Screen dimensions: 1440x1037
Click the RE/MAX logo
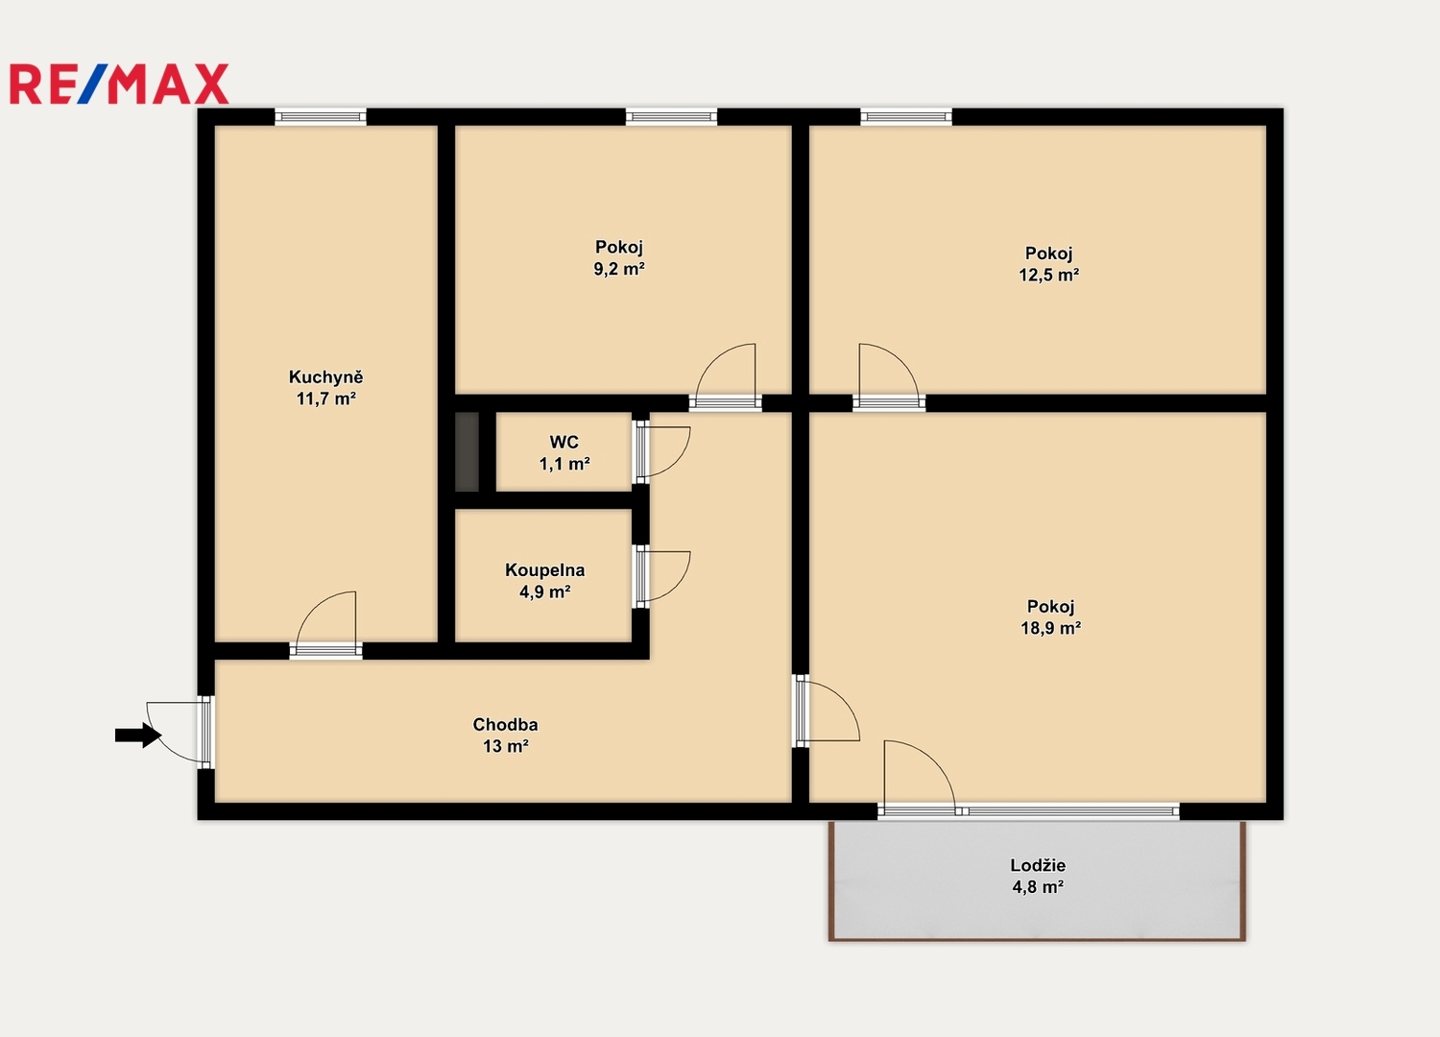(x=119, y=84)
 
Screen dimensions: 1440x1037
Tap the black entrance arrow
(x=138, y=735)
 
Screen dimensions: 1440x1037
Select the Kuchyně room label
(x=326, y=376)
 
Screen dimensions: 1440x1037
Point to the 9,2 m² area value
(x=619, y=269)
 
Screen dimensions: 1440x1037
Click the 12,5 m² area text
(x=1048, y=276)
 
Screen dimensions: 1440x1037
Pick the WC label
(x=564, y=442)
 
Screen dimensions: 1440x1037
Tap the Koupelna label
(x=545, y=569)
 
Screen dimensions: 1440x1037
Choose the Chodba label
(x=505, y=725)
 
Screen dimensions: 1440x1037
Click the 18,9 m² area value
(x=1050, y=628)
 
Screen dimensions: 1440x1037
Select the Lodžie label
(x=1038, y=865)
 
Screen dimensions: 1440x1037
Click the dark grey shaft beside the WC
(x=468, y=451)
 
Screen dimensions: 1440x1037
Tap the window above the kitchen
(x=321, y=117)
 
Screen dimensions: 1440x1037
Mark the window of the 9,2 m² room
(x=671, y=117)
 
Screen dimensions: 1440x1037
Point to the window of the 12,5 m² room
(x=906, y=117)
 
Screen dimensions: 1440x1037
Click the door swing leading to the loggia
(x=935, y=758)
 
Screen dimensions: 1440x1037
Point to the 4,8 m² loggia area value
(x=1038, y=887)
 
